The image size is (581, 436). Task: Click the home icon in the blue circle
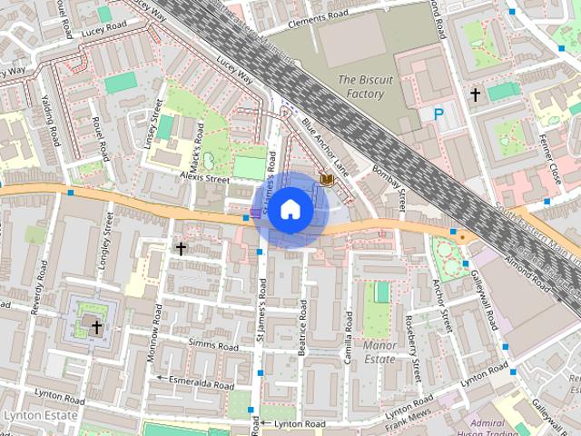click(x=290, y=210)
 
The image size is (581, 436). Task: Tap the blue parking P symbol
click(x=439, y=114)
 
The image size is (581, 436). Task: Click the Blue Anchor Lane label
click(x=324, y=145)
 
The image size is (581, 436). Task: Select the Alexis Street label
click(x=204, y=179)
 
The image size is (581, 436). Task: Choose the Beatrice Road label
click(x=302, y=338)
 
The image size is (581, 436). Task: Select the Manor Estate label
click(x=379, y=352)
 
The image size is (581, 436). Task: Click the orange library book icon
click(x=326, y=182)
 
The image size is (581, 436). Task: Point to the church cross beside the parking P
click(x=474, y=94)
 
